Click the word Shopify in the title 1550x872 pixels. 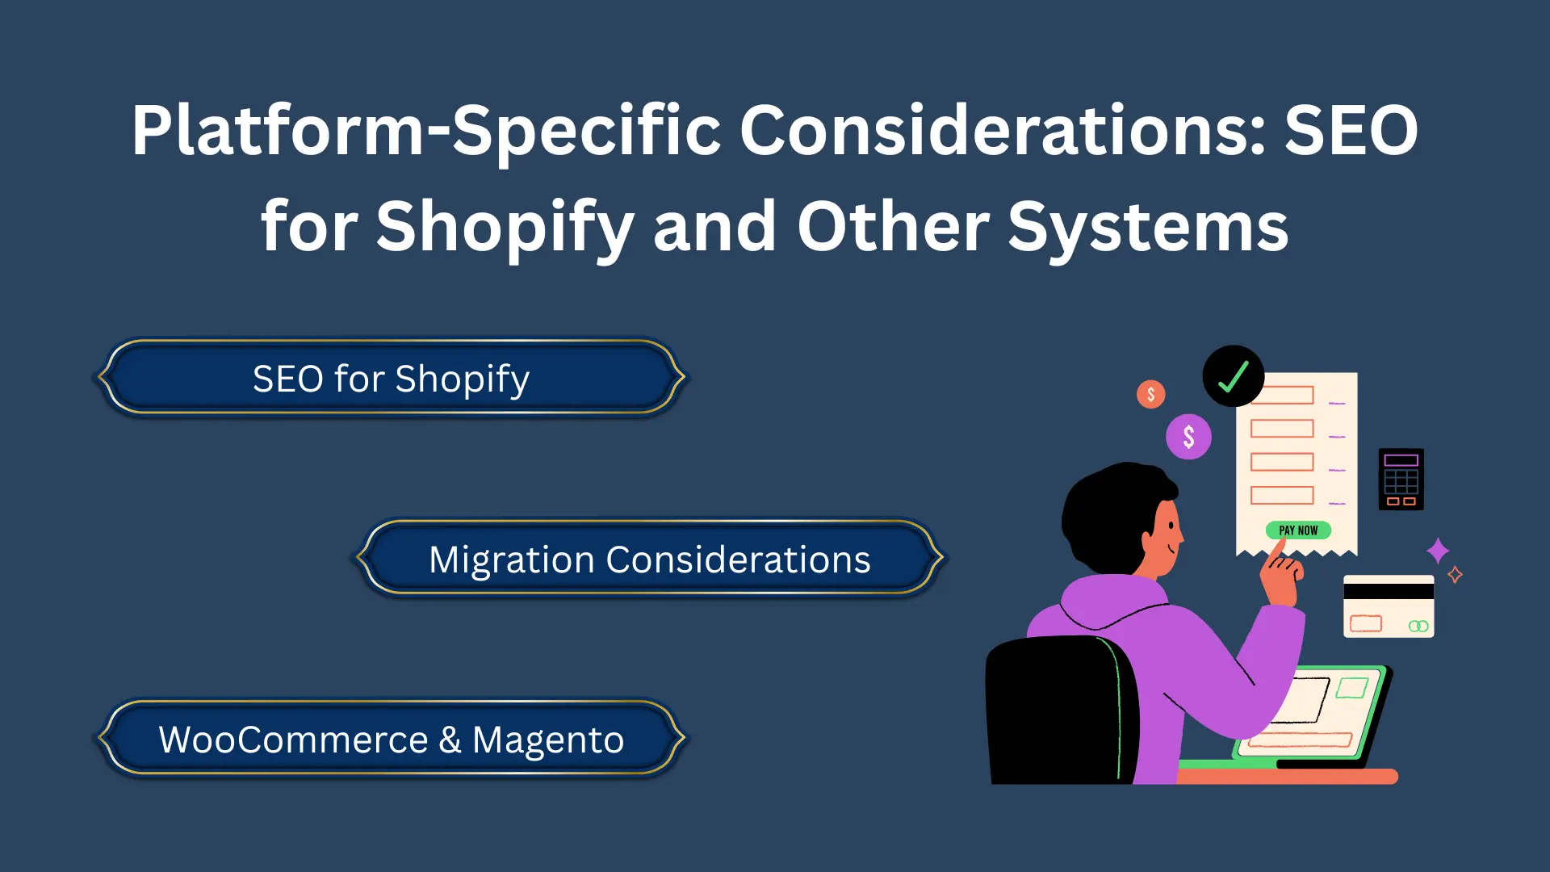tap(505, 228)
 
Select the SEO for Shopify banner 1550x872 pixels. tap(391, 379)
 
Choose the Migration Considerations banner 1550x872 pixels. tap(649, 560)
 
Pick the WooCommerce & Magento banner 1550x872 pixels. tap(391, 740)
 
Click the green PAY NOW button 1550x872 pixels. tap(1298, 530)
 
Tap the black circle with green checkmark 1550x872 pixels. tap(1233, 376)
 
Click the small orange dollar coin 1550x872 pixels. tap(1150, 394)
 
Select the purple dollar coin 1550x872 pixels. tap(1188, 437)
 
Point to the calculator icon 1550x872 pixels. tap(1401, 480)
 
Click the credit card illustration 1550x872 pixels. tap(1389, 607)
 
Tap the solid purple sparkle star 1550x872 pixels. tap(1438, 551)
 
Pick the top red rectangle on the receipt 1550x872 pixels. tap(1282, 395)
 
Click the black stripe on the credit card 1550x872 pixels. tap(1389, 591)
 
